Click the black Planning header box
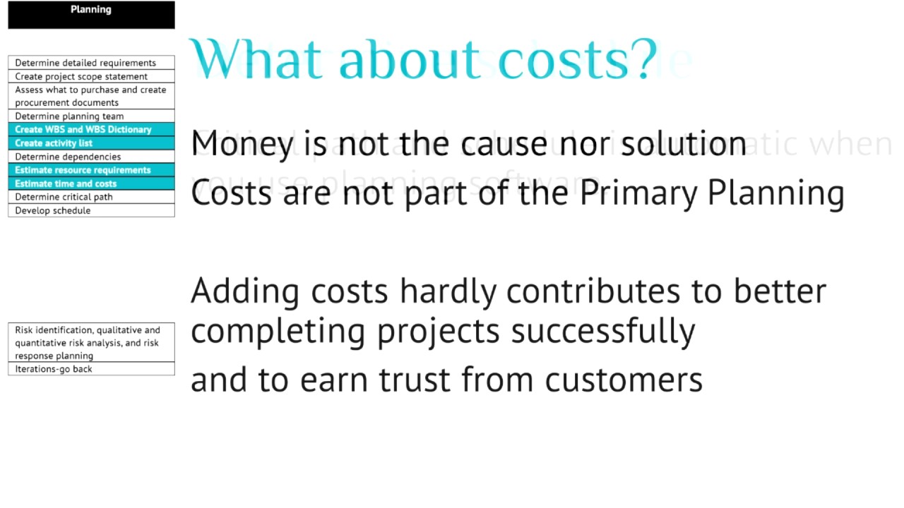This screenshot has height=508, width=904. click(x=91, y=15)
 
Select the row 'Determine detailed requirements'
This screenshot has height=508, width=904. click(x=91, y=63)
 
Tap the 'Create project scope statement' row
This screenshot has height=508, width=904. click(x=91, y=76)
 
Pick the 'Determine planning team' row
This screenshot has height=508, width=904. click(x=91, y=116)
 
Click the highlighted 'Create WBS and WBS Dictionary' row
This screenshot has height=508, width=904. click(x=91, y=130)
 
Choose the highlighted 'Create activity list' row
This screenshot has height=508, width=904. click(x=91, y=143)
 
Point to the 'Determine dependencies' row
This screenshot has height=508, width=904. click(x=91, y=157)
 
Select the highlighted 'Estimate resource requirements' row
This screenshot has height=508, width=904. click(x=91, y=170)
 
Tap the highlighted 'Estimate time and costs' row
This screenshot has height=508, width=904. click(x=91, y=183)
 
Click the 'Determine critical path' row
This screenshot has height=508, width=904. click(x=91, y=197)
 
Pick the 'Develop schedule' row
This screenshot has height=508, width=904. click(x=91, y=210)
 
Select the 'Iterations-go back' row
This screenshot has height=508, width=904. click(x=91, y=369)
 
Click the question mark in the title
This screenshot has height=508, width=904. click(x=644, y=59)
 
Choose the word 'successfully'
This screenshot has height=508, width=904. click(x=603, y=331)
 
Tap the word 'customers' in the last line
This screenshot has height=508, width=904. click(x=624, y=380)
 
